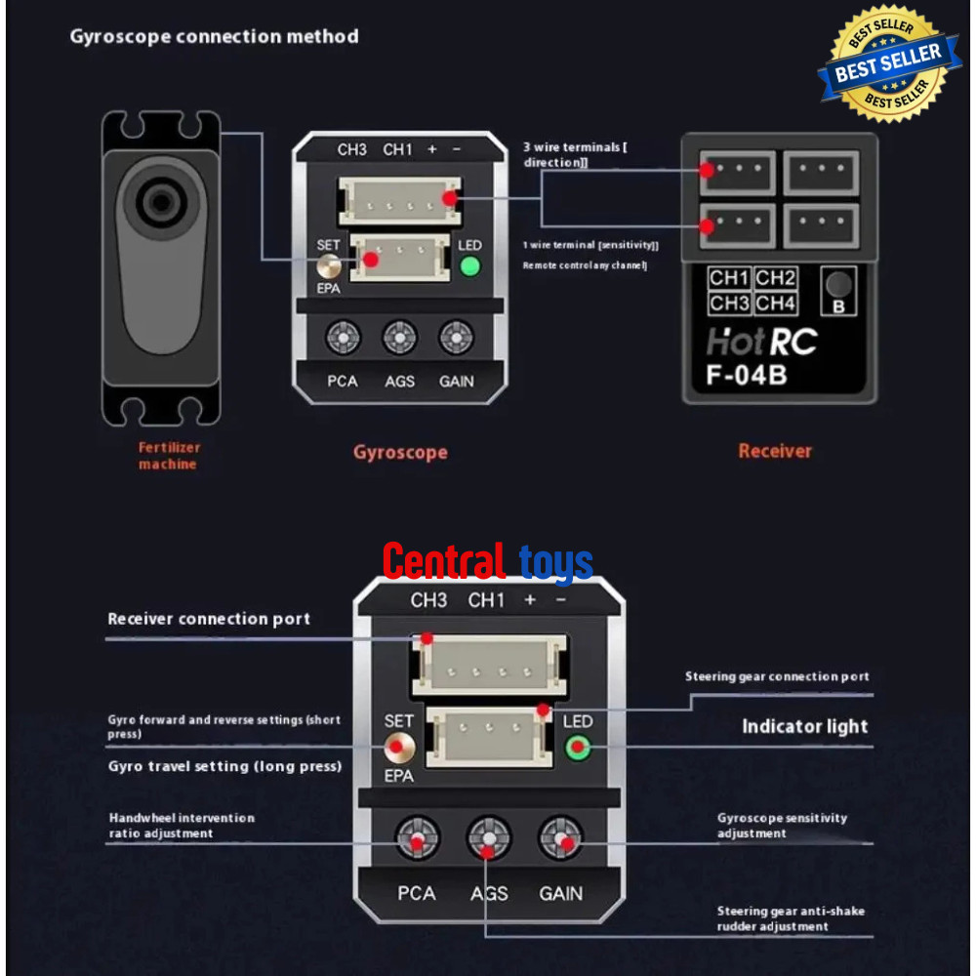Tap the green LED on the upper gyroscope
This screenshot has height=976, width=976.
pos(471,265)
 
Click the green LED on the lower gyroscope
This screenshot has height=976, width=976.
pos(577,749)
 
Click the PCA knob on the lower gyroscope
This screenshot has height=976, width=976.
pos(417,838)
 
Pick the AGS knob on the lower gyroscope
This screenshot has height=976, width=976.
pos(489,838)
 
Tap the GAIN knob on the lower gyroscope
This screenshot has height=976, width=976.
pos(561,838)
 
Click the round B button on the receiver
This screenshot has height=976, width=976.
pos(837,286)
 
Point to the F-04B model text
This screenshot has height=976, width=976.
pos(747,375)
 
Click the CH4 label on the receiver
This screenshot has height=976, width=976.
pos(776,304)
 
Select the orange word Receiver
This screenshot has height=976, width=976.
pos(775,451)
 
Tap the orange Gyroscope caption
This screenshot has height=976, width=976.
pos(400,452)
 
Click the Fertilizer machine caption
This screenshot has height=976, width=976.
pos(168,456)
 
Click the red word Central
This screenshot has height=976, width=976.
pos(443,562)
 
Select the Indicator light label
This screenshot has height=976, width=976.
pos(804,726)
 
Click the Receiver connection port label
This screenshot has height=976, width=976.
pos(209,619)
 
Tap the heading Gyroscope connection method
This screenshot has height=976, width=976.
pos(215,37)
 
